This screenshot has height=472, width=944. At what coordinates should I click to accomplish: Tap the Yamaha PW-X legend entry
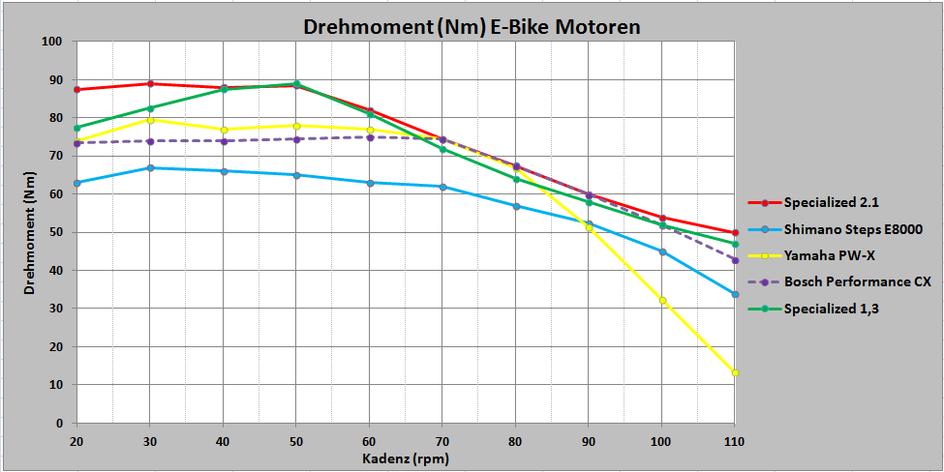[830, 255]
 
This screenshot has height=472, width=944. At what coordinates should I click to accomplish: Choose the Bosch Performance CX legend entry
[856, 282]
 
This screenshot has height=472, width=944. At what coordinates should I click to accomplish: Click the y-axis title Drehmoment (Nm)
[30, 232]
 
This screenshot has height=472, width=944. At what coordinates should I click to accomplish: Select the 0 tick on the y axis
[59, 423]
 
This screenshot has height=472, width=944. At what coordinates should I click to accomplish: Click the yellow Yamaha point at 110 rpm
[736, 372]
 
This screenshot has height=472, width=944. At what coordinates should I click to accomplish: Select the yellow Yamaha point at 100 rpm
[662, 300]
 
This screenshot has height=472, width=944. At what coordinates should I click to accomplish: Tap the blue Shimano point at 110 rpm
[736, 294]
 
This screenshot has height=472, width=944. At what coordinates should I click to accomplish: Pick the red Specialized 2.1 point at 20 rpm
[76, 90]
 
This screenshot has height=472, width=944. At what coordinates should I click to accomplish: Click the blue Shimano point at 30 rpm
[150, 168]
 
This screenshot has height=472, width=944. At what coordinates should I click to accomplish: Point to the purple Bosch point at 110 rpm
[736, 260]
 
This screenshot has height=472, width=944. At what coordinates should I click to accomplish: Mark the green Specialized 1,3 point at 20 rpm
[76, 128]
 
